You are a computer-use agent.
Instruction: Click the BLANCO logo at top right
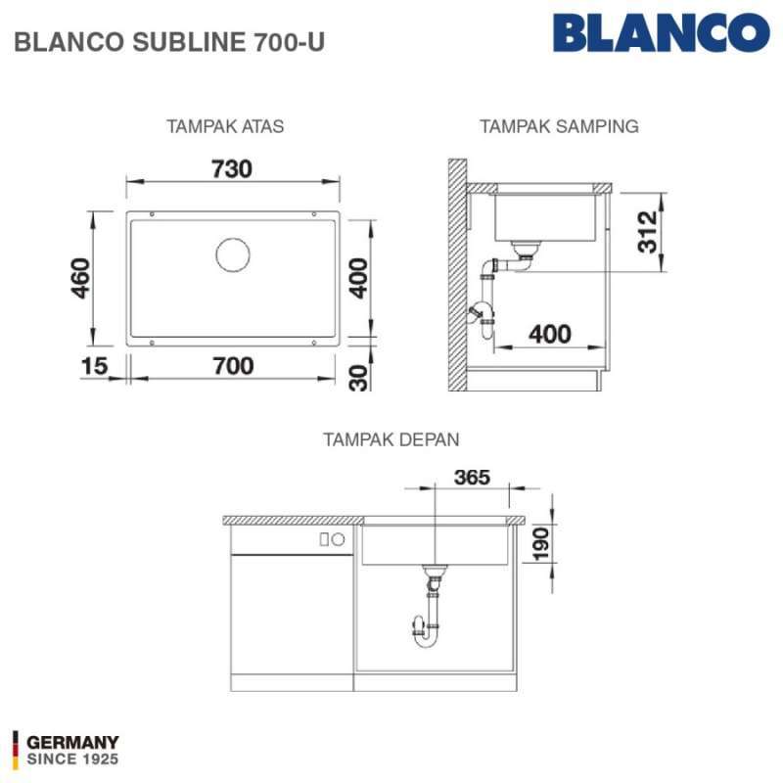[661, 32]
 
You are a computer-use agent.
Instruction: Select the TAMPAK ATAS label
[225, 126]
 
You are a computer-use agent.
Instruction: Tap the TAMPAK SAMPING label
[559, 126]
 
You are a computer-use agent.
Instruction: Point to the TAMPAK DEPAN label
[391, 439]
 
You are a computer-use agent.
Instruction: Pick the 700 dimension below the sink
[233, 366]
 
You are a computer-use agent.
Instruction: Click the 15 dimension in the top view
[96, 366]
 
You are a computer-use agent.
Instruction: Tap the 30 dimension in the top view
[359, 377]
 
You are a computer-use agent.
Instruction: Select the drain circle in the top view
[233, 254]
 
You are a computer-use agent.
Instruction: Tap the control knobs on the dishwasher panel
[331, 539]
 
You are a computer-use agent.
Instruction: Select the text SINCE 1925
[72, 760]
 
